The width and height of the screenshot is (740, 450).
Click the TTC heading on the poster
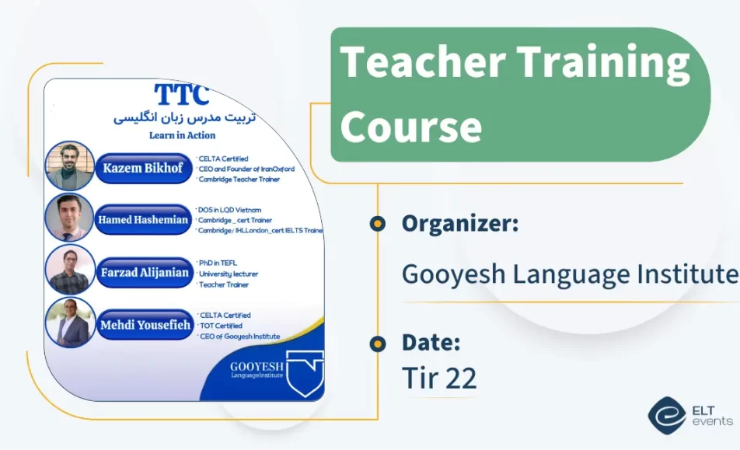coord(182,95)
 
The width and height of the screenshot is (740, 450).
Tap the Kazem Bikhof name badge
coord(144,168)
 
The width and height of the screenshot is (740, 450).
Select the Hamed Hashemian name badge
coord(143,220)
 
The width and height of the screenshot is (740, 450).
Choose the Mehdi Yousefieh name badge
coord(145,325)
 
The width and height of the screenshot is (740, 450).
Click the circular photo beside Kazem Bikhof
coord(69,166)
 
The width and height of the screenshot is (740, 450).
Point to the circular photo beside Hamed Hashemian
coord(69,218)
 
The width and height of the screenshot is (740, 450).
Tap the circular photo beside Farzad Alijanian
coord(70,270)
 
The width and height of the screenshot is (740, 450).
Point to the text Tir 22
coord(439,378)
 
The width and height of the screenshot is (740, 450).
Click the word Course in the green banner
coord(410,126)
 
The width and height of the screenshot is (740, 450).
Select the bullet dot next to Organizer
coord(378,224)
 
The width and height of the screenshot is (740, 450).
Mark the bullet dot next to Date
coord(378,343)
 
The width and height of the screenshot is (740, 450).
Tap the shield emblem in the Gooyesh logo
coord(305,373)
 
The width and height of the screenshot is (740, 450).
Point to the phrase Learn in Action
coord(183,135)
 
